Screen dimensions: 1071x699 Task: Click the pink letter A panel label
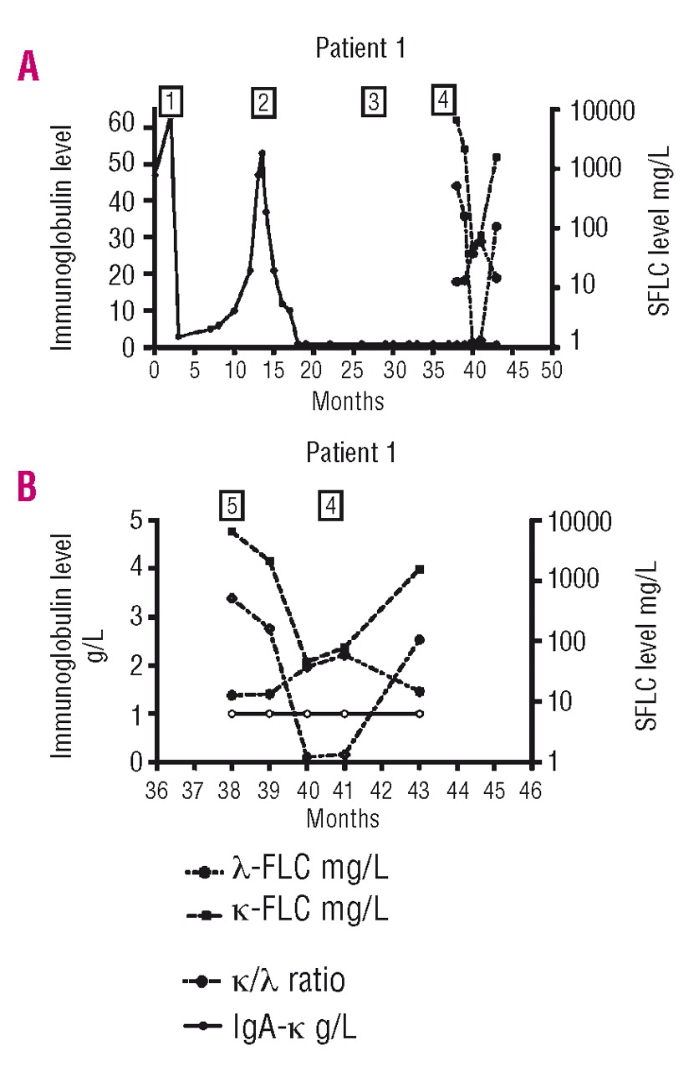[28, 66]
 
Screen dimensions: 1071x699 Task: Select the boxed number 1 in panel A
[171, 102]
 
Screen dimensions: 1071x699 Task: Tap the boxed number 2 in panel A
[263, 102]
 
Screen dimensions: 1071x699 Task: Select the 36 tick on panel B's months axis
[156, 790]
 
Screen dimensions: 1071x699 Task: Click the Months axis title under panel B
[343, 818]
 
